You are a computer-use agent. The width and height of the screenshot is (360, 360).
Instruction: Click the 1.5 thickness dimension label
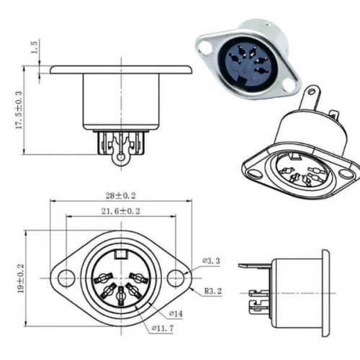35,48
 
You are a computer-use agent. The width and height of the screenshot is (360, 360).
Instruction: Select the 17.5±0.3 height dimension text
19,110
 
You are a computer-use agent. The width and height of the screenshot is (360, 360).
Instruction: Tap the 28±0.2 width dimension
121,196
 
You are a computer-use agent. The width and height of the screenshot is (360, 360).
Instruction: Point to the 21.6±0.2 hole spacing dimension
120,212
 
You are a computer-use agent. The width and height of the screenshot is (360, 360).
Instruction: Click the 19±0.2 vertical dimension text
21,279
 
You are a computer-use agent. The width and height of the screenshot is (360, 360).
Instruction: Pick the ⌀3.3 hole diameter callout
211,261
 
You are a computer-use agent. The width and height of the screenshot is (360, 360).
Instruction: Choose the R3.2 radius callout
213,292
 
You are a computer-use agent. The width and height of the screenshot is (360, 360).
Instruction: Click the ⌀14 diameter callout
176,313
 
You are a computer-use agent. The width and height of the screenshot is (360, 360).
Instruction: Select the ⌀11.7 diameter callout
163,328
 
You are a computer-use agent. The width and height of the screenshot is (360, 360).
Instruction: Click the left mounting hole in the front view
66,279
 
